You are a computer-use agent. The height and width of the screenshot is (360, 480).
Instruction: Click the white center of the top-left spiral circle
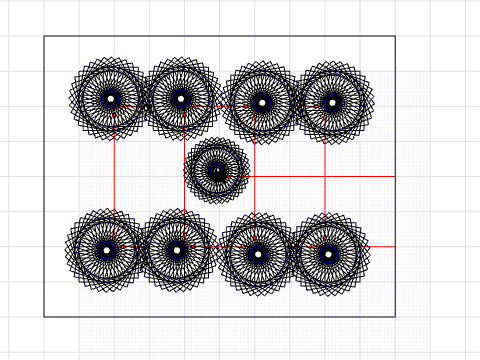pyautogui.click(x=110, y=98)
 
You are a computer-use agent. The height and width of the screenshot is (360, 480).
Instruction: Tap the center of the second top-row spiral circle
pyautogui.click(x=180, y=98)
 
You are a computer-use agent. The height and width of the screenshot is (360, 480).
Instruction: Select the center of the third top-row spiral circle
pyautogui.click(x=262, y=102)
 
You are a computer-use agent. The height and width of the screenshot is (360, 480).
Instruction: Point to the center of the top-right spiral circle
pyautogui.click(x=333, y=101)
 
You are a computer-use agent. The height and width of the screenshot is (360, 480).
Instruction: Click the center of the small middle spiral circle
pyautogui.click(x=217, y=171)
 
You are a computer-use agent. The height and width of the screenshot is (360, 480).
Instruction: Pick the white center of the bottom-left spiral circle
pyautogui.click(x=107, y=250)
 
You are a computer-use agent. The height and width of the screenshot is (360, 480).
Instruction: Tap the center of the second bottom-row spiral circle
pyautogui.click(x=177, y=250)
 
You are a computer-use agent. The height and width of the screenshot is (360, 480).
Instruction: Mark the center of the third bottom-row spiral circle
pyautogui.click(x=258, y=253)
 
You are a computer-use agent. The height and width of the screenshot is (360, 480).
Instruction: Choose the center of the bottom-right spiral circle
pyautogui.click(x=327, y=253)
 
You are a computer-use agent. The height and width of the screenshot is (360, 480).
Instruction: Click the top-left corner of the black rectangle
pyautogui.click(x=44, y=37)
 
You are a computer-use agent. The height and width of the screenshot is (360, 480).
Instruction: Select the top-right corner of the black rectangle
pyautogui.click(x=395, y=37)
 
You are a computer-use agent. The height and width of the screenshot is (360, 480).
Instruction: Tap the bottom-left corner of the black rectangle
pyautogui.click(x=44, y=316)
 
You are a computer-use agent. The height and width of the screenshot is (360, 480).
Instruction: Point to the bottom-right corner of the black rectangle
pyautogui.click(x=395, y=316)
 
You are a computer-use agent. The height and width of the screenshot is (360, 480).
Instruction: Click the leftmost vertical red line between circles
pyautogui.click(x=115, y=175)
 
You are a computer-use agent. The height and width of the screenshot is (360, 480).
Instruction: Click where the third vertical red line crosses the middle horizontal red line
pyautogui.click(x=255, y=176)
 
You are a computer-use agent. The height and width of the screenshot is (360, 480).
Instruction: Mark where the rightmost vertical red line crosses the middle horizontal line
pyautogui.click(x=325, y=176)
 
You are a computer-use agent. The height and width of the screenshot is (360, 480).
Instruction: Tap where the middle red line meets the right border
pyautogui.click(x=395, y=176)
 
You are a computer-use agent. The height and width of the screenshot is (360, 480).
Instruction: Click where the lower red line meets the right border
pyautogui.click(x=395, y=246)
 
